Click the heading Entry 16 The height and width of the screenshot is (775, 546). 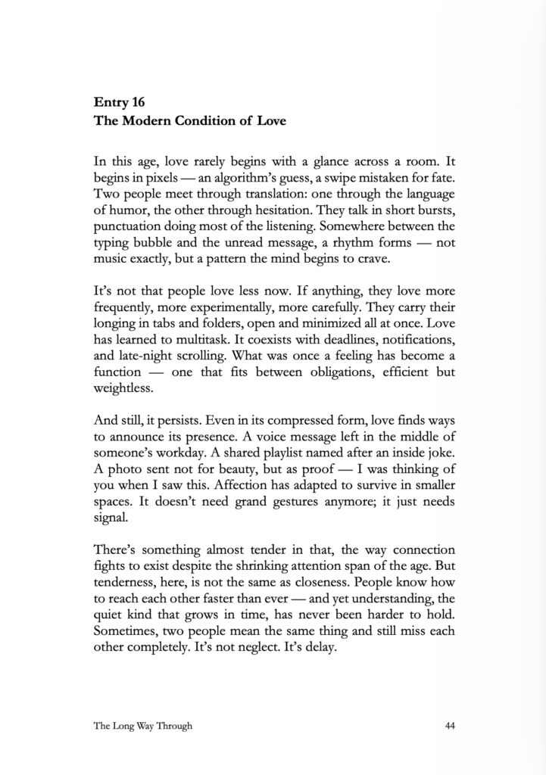click(120, 101)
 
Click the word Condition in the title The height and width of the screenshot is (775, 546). click(199, 120)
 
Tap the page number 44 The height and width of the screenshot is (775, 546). click(450, 726)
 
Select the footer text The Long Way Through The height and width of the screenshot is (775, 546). click(143, 726)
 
